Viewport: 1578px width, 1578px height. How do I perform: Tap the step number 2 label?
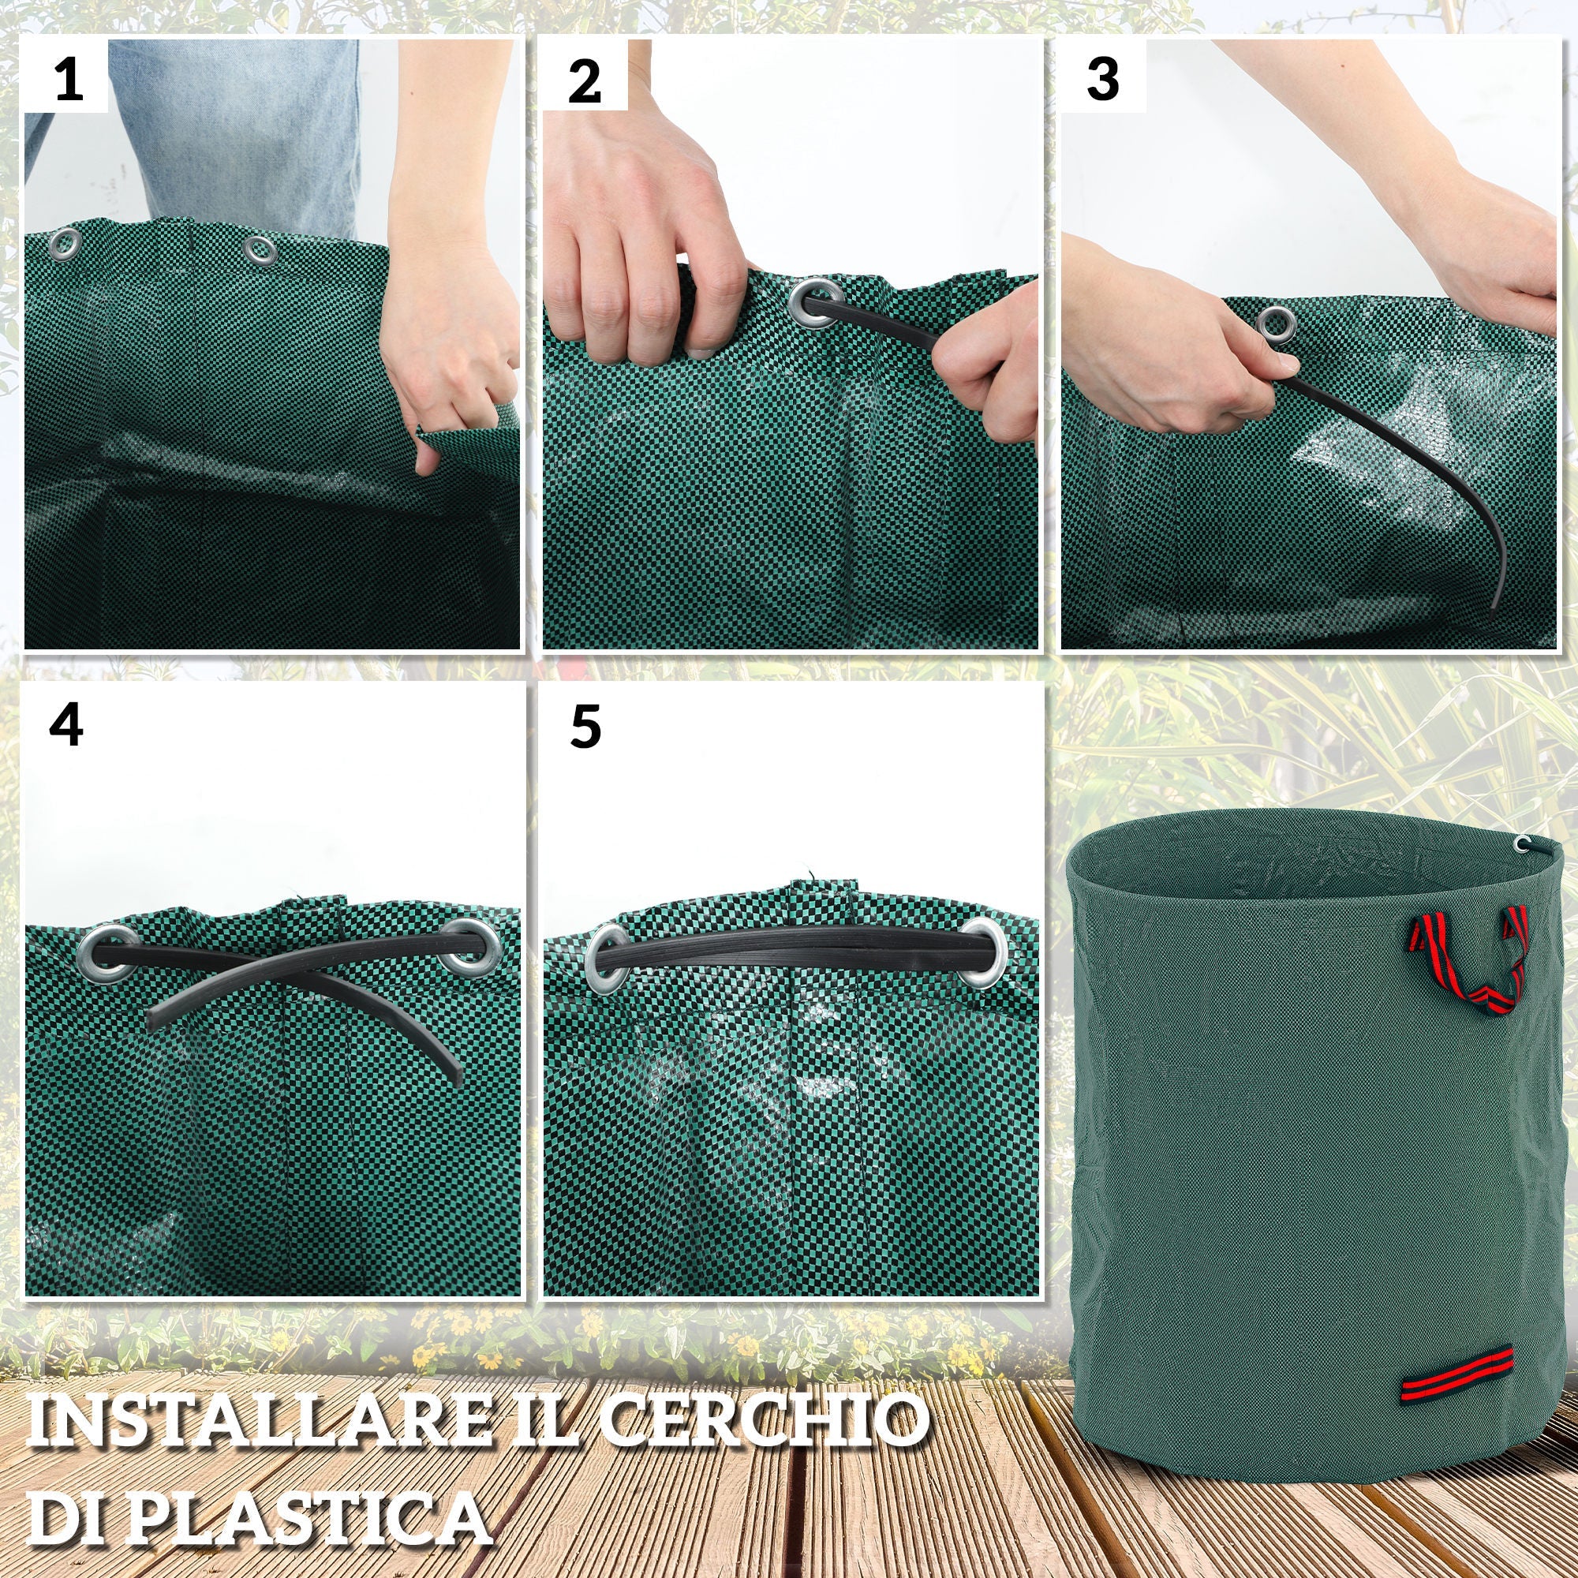tap(584, 82)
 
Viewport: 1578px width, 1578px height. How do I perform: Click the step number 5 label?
tap(585, 726)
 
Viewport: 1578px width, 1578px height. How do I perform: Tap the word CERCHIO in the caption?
tap(765, 1420)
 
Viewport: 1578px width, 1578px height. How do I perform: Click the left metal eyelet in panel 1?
tap(65, 245)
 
